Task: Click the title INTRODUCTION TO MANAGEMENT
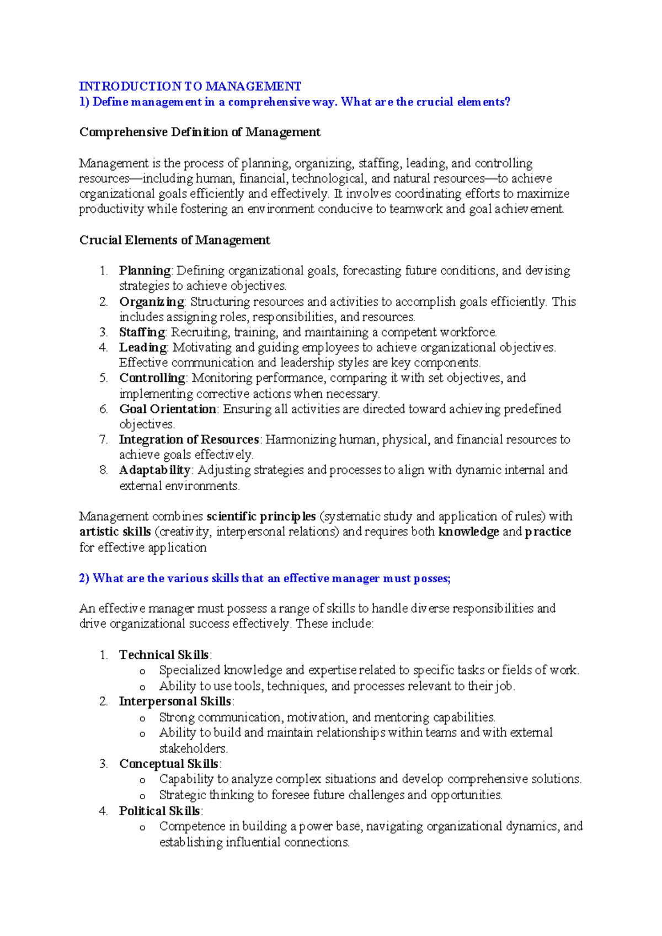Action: coord(190,86)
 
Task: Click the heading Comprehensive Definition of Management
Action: coord(200,132)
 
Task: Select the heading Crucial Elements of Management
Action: coord(174,240)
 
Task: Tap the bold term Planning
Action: coord(145,270)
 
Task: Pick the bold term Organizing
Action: coord(152,301)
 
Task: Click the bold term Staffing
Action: coord(142,332)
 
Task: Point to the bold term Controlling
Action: coord(152,378)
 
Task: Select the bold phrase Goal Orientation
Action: coord(167,409)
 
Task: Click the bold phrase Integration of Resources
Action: coord(189,439)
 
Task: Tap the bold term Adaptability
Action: coord(154,470)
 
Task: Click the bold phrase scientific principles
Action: coord(261,517)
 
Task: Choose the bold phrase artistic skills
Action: coord(115,532)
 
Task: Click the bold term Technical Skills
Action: coord(164,655)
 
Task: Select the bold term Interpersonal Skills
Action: coord(175,701)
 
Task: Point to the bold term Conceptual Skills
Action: coord(169,764)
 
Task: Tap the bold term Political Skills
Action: coord(159,811)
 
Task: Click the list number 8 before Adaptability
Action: coord(103,470)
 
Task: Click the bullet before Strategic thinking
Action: coord(142,796)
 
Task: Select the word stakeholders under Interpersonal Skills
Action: coord(193,749)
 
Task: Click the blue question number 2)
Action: coord(84,578)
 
